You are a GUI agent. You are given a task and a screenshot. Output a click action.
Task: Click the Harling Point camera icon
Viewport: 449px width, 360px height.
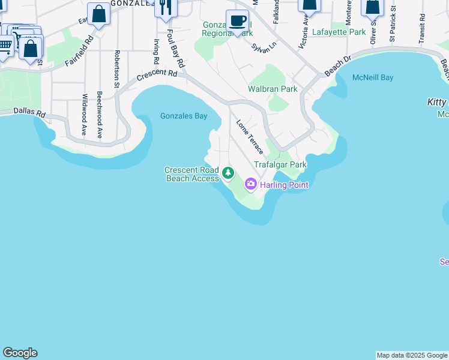click(x=251, y=184)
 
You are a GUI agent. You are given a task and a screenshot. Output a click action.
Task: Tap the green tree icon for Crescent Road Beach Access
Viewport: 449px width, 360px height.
click(x=228, y=173)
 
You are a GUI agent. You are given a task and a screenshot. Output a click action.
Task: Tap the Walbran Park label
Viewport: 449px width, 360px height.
click(x=273, y=89)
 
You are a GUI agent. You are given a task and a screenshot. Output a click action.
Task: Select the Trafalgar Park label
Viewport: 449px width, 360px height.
click(x=280, y=164)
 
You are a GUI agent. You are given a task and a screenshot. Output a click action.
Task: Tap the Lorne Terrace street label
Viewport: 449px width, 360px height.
click(x=249, y=136)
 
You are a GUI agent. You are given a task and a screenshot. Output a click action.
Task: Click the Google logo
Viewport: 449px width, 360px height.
click(x=20, y=353)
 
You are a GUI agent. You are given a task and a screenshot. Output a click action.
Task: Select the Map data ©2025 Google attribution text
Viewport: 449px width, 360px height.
click(x=412, y=355)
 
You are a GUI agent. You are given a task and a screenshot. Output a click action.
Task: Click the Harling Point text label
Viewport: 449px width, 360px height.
click(x=284, y=185)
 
